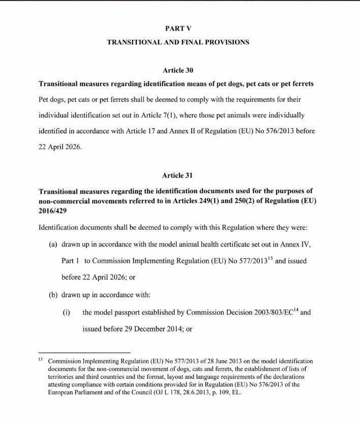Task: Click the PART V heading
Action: click(177, 29)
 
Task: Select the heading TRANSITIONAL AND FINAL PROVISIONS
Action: click(177, 43)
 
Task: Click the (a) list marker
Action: click(53, 245)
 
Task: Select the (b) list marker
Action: click(53, 294)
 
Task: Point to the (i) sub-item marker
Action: click(66, 312)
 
